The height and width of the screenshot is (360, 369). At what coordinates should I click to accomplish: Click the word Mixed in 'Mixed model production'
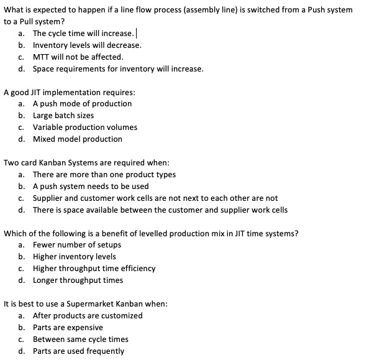point(44,139)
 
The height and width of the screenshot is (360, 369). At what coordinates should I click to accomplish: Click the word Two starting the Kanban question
point(11,163)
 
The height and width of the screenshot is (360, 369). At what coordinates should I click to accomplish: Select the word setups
point(108,245)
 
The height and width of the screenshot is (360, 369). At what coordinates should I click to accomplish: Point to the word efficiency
point(138,269)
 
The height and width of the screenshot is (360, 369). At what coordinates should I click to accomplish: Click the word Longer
point(47,280)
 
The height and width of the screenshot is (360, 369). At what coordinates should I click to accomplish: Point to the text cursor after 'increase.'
point(136,33)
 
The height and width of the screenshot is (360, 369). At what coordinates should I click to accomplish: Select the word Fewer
point(45,245)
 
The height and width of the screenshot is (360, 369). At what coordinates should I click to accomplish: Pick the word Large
point(44,116)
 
